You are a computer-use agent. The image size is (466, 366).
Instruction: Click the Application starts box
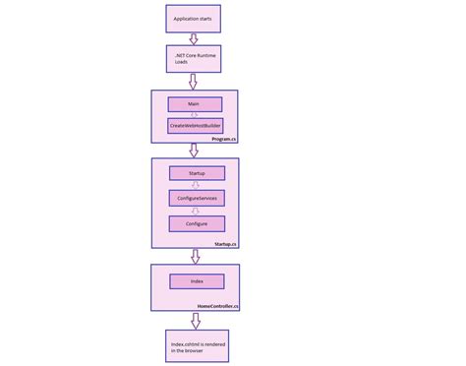pos(194,17)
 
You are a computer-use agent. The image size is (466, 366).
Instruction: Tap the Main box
pos(194,103)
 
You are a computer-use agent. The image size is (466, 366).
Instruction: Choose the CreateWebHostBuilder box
pos(194,126)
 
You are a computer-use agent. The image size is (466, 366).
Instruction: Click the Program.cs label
pos(224,140)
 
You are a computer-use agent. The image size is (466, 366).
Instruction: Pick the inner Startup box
pos(196,173)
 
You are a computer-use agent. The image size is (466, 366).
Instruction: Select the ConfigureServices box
pos(196,198)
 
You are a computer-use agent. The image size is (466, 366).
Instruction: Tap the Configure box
pos(196,223)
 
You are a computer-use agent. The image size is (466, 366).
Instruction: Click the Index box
pos(196,282)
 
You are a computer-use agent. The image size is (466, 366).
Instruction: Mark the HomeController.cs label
pos(218,306)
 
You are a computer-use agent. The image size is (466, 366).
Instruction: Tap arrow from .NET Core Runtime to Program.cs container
pos(194,82)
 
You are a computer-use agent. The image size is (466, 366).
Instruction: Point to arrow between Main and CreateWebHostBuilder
pos(194,115)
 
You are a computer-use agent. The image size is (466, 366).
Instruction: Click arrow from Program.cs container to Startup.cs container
pos(194,151)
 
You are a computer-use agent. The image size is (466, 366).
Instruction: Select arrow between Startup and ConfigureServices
pos(196,185)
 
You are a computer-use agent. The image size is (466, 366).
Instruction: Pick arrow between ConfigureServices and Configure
pos(196,211)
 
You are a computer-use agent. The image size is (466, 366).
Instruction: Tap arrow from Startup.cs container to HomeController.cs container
pos(195,256)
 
